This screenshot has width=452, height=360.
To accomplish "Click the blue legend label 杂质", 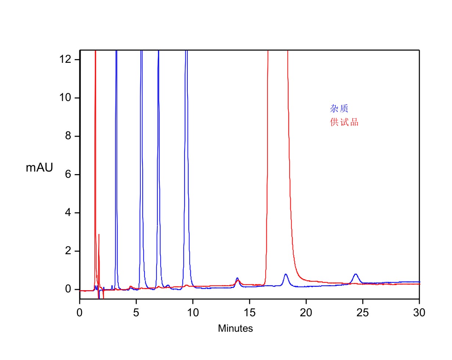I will (x=339, y=108).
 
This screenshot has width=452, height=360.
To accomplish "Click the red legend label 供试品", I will (x=344, y=122).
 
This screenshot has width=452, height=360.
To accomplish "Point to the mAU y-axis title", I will (x=39, y=168).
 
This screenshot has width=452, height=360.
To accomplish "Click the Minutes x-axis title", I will (x=235, y=328).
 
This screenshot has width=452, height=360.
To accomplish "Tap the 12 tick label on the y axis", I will (x=65, y=60).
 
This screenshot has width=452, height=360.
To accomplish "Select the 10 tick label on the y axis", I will (x=65, y=98).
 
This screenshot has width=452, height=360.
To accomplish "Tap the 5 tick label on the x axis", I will (x=136, y=313).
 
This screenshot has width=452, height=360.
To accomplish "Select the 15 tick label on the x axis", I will (x=250, y=313).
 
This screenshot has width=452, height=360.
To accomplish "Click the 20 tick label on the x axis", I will (x=306, y=313).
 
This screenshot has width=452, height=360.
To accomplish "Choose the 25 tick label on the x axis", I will (x=363, y=313).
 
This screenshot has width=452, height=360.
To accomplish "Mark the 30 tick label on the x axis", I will (x=419, y=313).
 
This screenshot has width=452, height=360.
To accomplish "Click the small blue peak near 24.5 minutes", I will (x=355, y=274).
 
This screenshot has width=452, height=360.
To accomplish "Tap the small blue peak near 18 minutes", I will (x=286, y=274).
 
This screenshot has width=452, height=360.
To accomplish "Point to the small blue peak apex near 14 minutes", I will (x=237, y=278).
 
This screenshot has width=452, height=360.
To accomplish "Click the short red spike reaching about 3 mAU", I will (x=99, y=235).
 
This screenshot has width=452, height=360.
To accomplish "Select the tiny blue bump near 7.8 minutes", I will (x=168, y=285).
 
